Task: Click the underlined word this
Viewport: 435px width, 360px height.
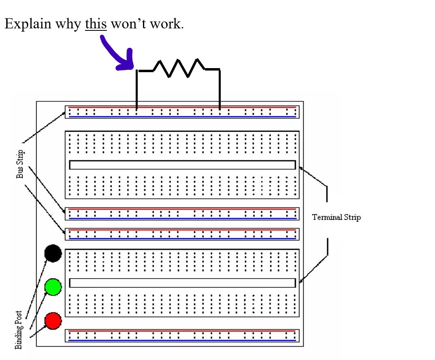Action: pos(96,24)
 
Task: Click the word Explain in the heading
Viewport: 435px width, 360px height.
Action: pos(28,24)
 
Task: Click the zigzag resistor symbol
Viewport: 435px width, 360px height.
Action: pos(179,68)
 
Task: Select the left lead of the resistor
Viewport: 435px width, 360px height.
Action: pos(137,89)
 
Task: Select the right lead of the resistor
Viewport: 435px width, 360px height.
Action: pos(220,89)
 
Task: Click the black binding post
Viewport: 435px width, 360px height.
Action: pos(53,253)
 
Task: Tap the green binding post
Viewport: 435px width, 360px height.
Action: pos(53,287)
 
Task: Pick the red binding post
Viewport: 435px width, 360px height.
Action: pos(53,321)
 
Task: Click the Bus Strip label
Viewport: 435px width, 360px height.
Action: pos(20,164)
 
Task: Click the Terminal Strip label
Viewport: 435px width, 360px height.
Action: pos(336,217)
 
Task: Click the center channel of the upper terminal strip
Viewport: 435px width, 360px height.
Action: pos(182,165)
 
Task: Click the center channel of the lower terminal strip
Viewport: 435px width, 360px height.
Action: pos(182,283)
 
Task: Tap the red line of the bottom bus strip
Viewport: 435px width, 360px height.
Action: pos(182,331)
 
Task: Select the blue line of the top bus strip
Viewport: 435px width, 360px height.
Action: pos(182,117)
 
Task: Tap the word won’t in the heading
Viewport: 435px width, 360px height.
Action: pos(128,24)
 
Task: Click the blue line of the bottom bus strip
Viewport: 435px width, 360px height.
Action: pos(182,340)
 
